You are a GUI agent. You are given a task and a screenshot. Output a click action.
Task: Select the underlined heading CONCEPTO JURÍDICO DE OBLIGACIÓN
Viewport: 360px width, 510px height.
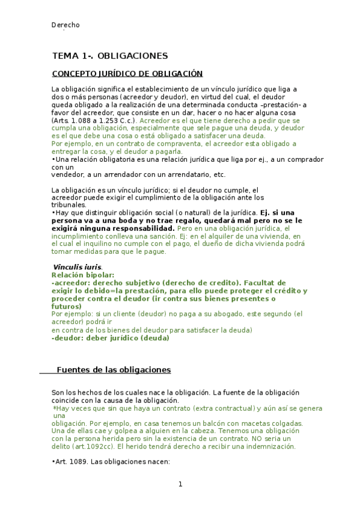pyautogui.click(x=127, y=74)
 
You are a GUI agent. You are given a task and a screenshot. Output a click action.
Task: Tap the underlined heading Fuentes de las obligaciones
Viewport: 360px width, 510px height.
pyautogui.click(x=114, y=369)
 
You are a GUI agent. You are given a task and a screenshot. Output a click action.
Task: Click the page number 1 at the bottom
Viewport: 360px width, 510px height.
pyautogui.click(x=180, y=484)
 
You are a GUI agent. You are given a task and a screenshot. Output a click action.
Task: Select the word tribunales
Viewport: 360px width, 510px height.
pyautogui.click(x=69, y=205)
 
